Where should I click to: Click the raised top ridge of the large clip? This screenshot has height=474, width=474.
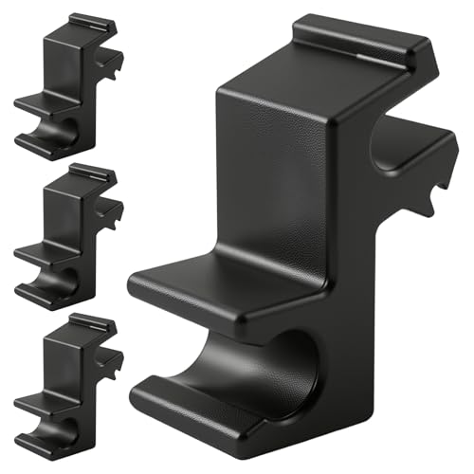[355, 38]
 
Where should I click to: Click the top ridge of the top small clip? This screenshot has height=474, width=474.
[93, 21]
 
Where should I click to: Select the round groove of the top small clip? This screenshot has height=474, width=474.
[62, 133]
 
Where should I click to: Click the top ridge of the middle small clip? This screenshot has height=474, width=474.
[93, 173]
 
